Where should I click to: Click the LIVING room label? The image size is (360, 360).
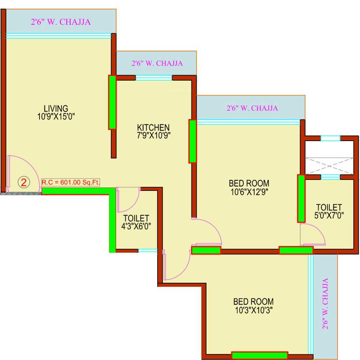click(56, 108)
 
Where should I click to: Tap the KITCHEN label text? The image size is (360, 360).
click(153, 127)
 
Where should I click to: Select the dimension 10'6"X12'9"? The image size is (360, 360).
click(249, 191)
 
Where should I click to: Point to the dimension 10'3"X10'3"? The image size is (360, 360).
click(253, 310)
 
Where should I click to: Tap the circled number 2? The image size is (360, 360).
click(24, 182)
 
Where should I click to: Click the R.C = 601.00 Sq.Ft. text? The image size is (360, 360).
click(71, 182)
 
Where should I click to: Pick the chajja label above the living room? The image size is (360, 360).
click(61, 22)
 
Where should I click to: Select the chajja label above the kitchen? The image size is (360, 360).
click(157, 63)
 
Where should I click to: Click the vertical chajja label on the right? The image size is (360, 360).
click(325, 303)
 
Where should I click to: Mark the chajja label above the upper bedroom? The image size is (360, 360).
click(252, 108)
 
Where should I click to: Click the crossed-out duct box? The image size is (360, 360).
click(329, 166)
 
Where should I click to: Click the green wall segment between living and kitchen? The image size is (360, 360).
click(112, 102)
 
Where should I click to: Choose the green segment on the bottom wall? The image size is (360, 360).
click(260, 355)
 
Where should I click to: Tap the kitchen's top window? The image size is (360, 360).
click(153, 78)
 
